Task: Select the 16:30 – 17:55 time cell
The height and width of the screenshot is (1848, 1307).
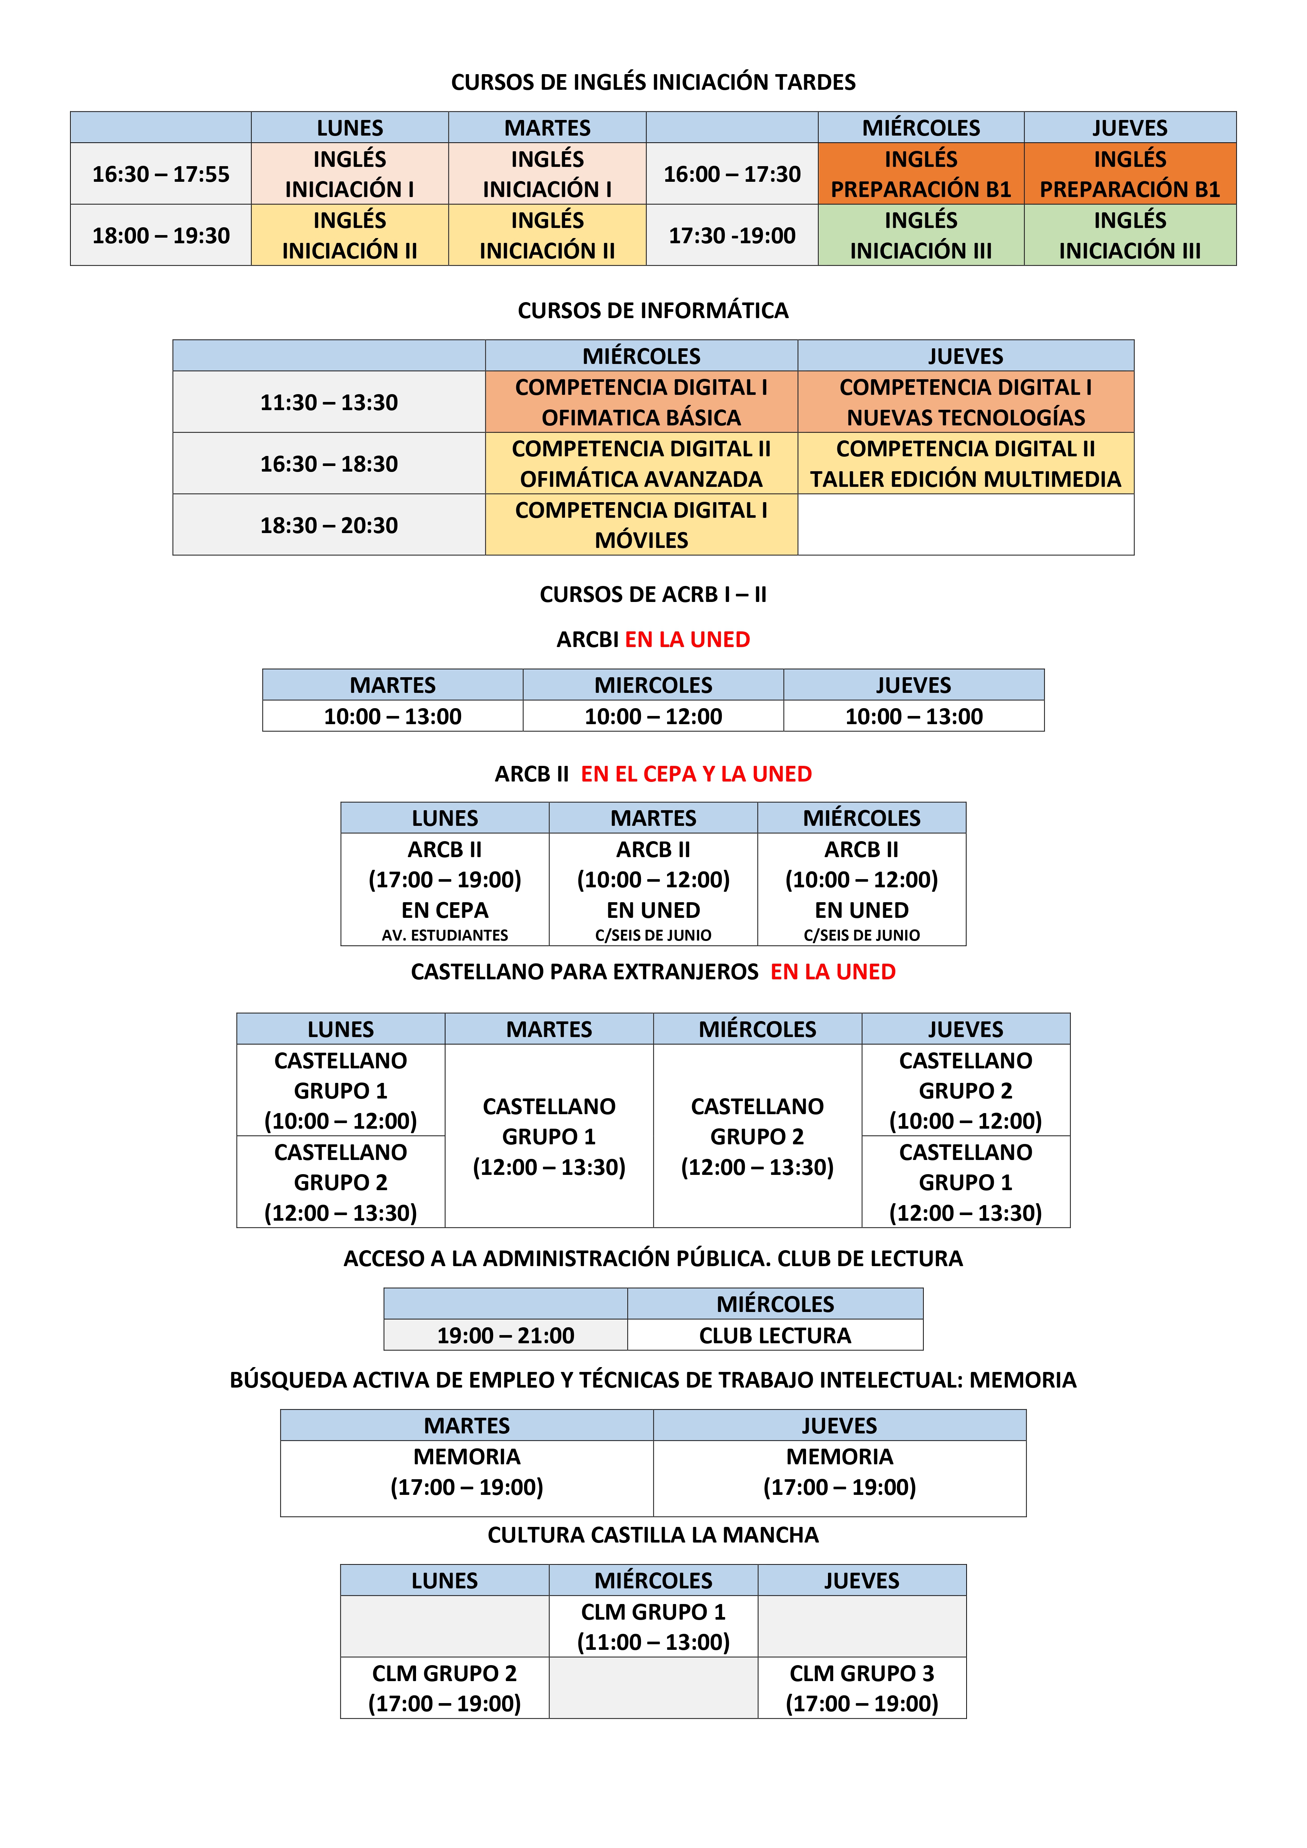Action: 161,174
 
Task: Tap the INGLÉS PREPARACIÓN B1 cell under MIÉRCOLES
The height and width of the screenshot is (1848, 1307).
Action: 921,174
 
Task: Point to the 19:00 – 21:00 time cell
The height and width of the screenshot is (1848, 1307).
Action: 505,1335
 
